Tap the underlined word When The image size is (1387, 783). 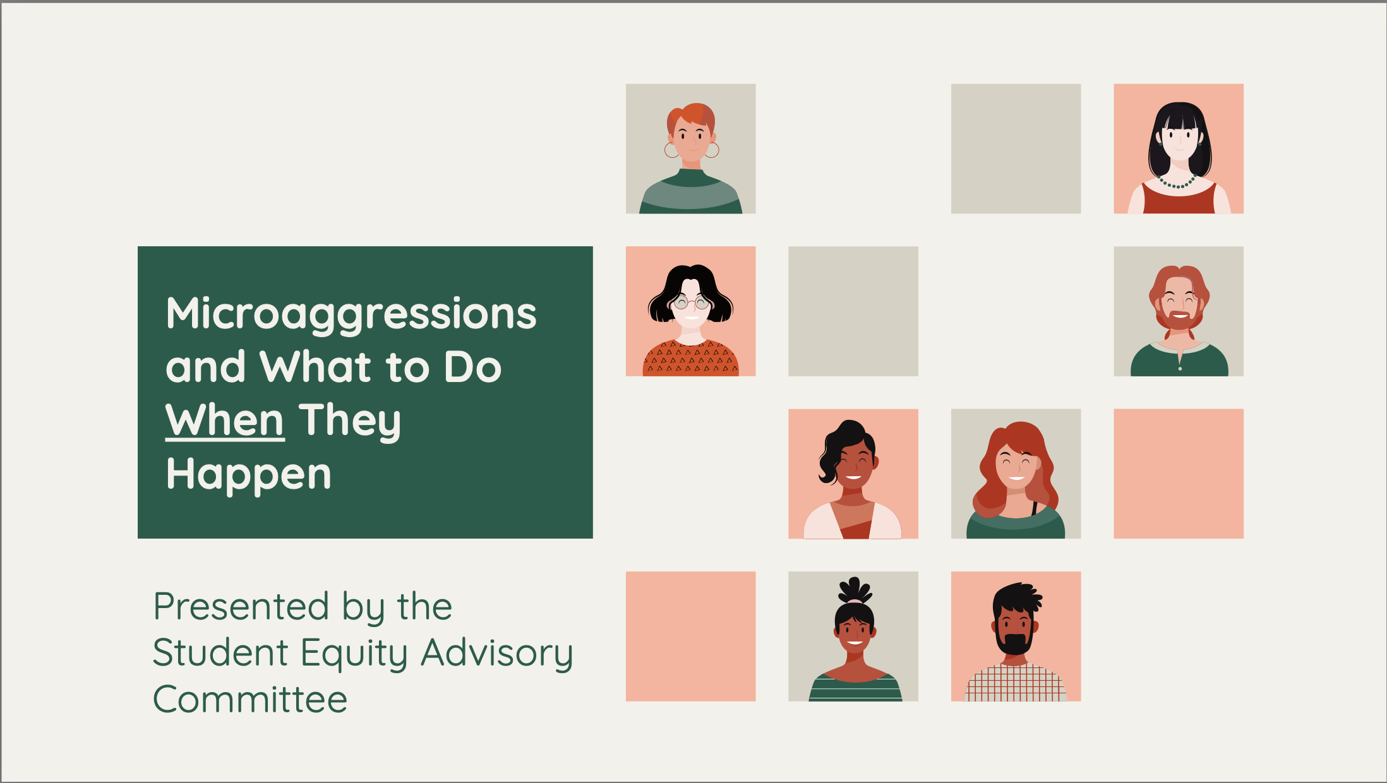pyautogui.click(x=225, y=421)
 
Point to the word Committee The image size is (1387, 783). pyautogui.click(x=250, y=699)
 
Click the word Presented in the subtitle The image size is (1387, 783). pyautogui.click(x=241, y=607)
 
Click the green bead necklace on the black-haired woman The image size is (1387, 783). pyautogui.click(x=1177, y=182)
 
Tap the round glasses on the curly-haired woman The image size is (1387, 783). pyautogui.click(x=691, y=304)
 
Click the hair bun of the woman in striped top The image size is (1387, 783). pyautogui.click(x=855, y=590)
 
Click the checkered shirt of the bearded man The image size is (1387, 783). pyautogui.click(x=1016, y=683)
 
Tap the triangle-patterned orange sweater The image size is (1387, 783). pyautogui.click(x=690, y=359)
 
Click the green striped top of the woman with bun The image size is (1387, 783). pyautogui.click(x=855, y=688)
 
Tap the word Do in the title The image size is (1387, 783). pyautogui.click(x=473, y=367)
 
